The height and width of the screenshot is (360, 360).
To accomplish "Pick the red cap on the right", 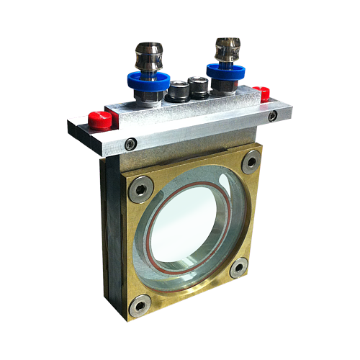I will (x=264, y=94).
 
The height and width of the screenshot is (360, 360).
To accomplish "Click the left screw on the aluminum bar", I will (x=130, y=144).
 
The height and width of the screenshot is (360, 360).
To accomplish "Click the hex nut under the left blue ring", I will (x=148, y=96).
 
